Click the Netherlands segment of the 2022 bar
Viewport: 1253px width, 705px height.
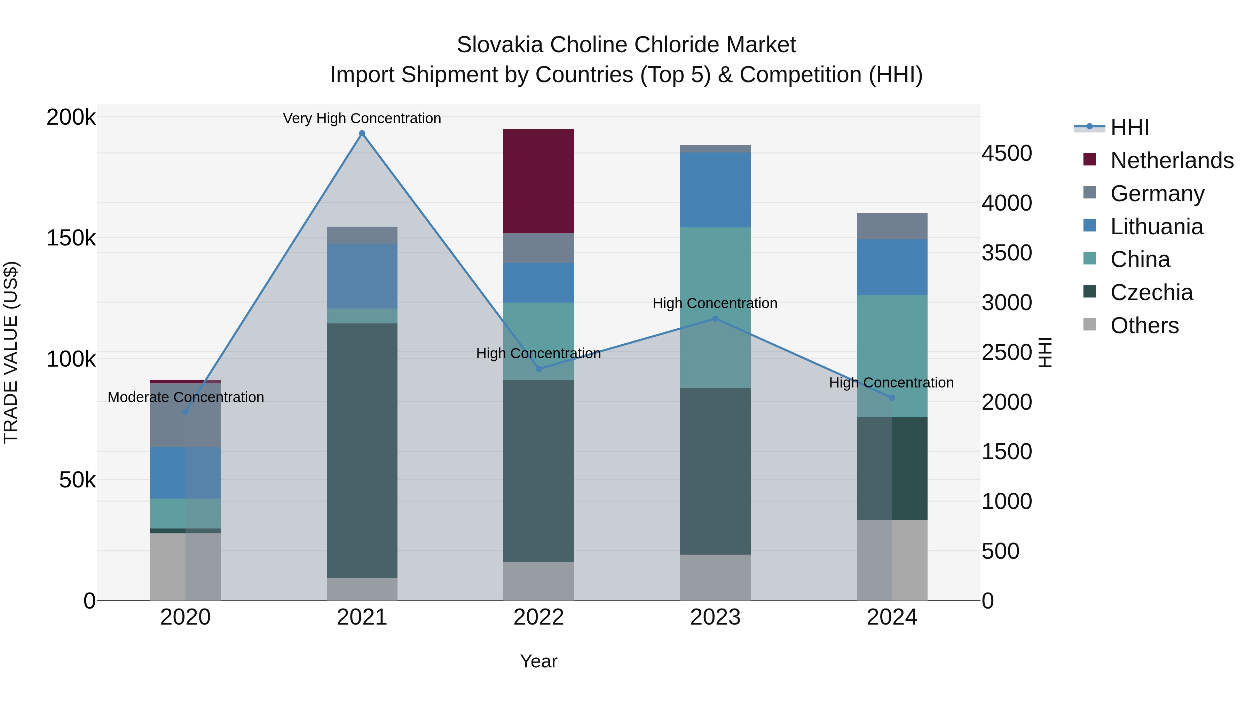[x=538, y=181]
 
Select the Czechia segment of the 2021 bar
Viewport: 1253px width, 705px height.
[x=362, y=450]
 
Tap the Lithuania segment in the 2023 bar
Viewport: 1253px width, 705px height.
[x=715, y=190]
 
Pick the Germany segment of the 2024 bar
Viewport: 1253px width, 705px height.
[x=892, y=226]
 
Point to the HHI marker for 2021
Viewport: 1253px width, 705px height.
[x=362, y=133]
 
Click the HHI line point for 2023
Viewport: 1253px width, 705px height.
[x=715, y=319]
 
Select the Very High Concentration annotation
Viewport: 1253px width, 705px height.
[x=362, y=118]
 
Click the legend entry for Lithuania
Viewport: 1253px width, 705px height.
[x=1156, y=227]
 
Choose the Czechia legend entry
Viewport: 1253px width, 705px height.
[x=1151, y=292]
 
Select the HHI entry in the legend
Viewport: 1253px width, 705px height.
[x=1129, y=127]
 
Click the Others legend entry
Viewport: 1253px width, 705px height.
[x=1144, y=326]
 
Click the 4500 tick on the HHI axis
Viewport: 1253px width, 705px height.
[x=1006, y=153]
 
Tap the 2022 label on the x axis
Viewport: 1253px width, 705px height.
[x=538, y=617]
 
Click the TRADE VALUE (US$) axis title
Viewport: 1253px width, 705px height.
[x=11, y=352]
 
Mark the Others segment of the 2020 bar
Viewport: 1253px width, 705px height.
[x=185, y=567]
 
